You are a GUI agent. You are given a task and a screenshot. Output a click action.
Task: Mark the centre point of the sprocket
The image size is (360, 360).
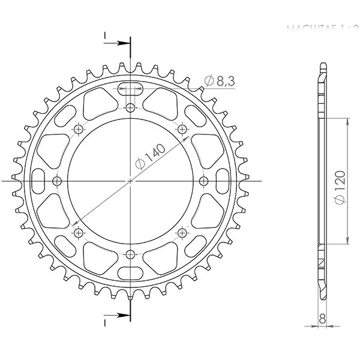pos(131,181)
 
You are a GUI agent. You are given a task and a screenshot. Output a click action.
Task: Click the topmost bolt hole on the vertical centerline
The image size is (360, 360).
pos(131,108)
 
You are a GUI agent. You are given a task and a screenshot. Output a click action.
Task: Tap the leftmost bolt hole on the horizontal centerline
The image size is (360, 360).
pos(58,181)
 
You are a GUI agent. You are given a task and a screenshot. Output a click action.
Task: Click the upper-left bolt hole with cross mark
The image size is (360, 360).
pos(79,130)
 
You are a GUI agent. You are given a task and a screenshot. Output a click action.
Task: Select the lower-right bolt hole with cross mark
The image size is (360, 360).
pos(182,232)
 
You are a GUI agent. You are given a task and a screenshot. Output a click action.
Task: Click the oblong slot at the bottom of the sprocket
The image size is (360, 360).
pos(131,270)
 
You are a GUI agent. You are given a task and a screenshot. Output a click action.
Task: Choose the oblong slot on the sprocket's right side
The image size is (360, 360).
pos(222,181)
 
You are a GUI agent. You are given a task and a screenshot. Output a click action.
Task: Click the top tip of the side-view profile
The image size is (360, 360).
pos(323,64)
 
